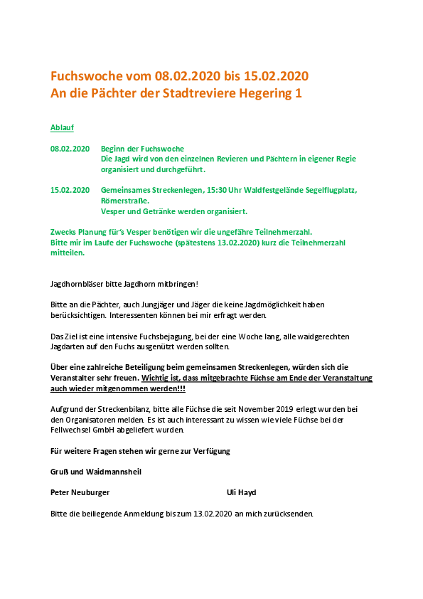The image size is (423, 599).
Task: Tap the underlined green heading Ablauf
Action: click(x=62, y=128)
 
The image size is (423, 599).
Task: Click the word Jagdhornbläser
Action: click(x=75, y=284)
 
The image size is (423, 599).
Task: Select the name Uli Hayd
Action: click(x=241, y=492)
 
